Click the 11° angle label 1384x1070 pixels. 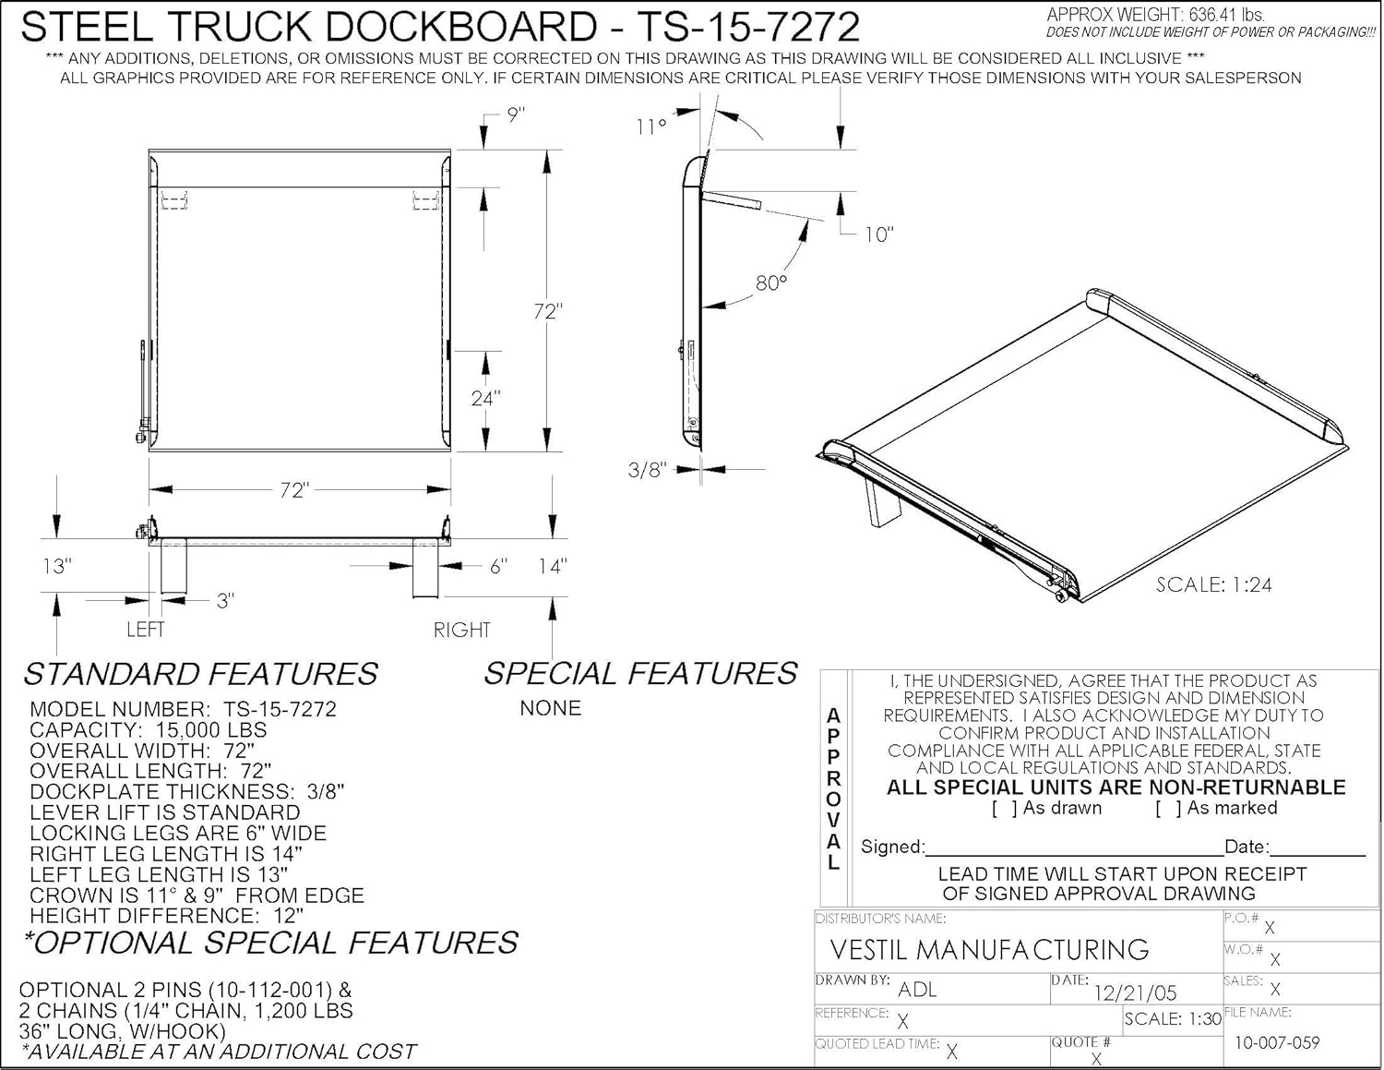click(x=650, y=126)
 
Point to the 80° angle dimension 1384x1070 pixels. click(x=771, y=283)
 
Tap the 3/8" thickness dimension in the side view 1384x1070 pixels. click(x=647, y=470)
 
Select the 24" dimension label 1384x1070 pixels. click(x=485, y=398)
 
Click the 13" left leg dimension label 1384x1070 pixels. click(x=57, y=566)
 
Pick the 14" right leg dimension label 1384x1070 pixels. click(x=552, y=566)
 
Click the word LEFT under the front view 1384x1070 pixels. click(x=145, y=630)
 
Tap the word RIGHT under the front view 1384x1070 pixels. click(x=462, y=630)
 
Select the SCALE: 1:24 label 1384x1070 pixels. click(x=1214, y=584)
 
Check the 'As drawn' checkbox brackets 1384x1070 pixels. click(x=1005, y=809)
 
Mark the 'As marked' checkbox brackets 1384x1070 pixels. click(x=1168, y=809)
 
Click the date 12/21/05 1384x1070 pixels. click(x=1135, y=993)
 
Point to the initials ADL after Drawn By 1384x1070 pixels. click(x=917, y=990)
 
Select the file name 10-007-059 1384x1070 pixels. click(x=1277, y=1042)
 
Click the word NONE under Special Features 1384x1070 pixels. click(x=551, y=708)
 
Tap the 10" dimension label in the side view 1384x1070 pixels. click(x=878, y=234)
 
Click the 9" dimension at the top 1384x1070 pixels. click(x=516, y=115)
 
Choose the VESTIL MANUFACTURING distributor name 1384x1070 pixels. click(x=989, y=950)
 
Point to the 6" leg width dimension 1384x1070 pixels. click(x=498, y=566)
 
